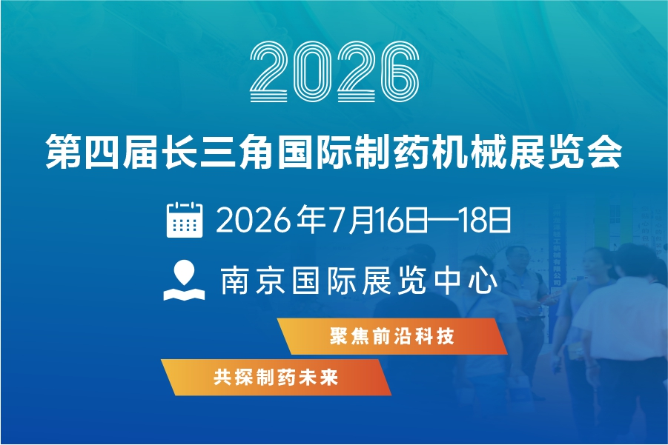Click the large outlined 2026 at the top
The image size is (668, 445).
[334, 72]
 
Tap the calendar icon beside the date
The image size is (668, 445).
[184, 219]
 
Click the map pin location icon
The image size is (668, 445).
[184, 281]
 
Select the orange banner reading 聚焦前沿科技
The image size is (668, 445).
[392, 336]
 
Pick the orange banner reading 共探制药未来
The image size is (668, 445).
[276, 378]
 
